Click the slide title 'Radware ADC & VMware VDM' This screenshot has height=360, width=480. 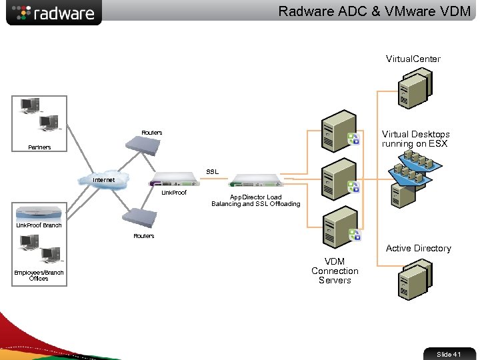click(374, 11)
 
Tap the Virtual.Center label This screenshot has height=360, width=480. click(413, 59)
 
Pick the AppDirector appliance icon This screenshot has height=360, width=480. click(256, 182)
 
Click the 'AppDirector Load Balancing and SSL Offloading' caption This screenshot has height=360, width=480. click(256, 201)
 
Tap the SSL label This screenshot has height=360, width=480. click(212, 172)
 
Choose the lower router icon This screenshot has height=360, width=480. click(141, 217)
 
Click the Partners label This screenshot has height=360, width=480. click(39, 147)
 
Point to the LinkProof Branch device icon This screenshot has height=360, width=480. click(39, 213)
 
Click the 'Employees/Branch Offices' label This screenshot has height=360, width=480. click(39, 275)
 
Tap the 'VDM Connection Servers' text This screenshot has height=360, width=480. click(335, 271)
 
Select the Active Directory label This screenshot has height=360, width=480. click(418, 248)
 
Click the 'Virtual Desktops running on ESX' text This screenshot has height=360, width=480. click(415, 139)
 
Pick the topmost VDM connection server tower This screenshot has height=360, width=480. click(337, 132)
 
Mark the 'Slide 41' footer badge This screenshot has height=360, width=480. click(450, 354)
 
